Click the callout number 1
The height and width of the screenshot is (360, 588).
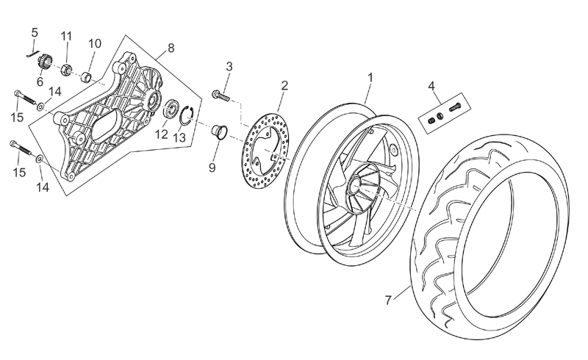(x=371, y=76)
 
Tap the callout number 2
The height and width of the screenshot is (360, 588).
(x=284, y=85)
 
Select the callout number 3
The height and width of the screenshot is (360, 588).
(x=229, y=66)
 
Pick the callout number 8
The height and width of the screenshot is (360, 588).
(x=171, y=48)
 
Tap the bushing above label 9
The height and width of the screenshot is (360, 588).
(x=218, y=133)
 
